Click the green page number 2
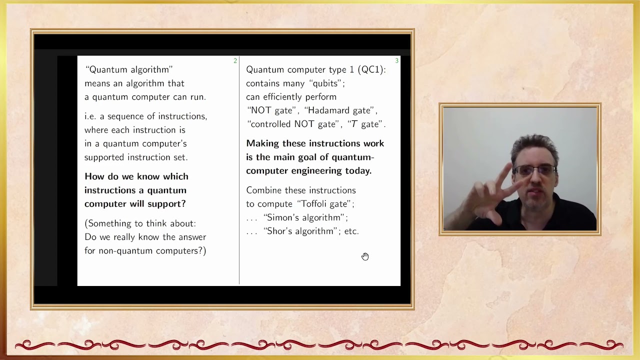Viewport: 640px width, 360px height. [x=235, y=61]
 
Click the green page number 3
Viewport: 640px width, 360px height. [x=396, y=61]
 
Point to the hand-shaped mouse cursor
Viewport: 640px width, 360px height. [x=365, y=256]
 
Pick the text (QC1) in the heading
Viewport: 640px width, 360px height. [x=371, y=69]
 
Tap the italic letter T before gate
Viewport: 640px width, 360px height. [x=354, y=124]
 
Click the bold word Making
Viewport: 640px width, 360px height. [x=262, y=143]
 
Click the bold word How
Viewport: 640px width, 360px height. [x=94, y=176]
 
